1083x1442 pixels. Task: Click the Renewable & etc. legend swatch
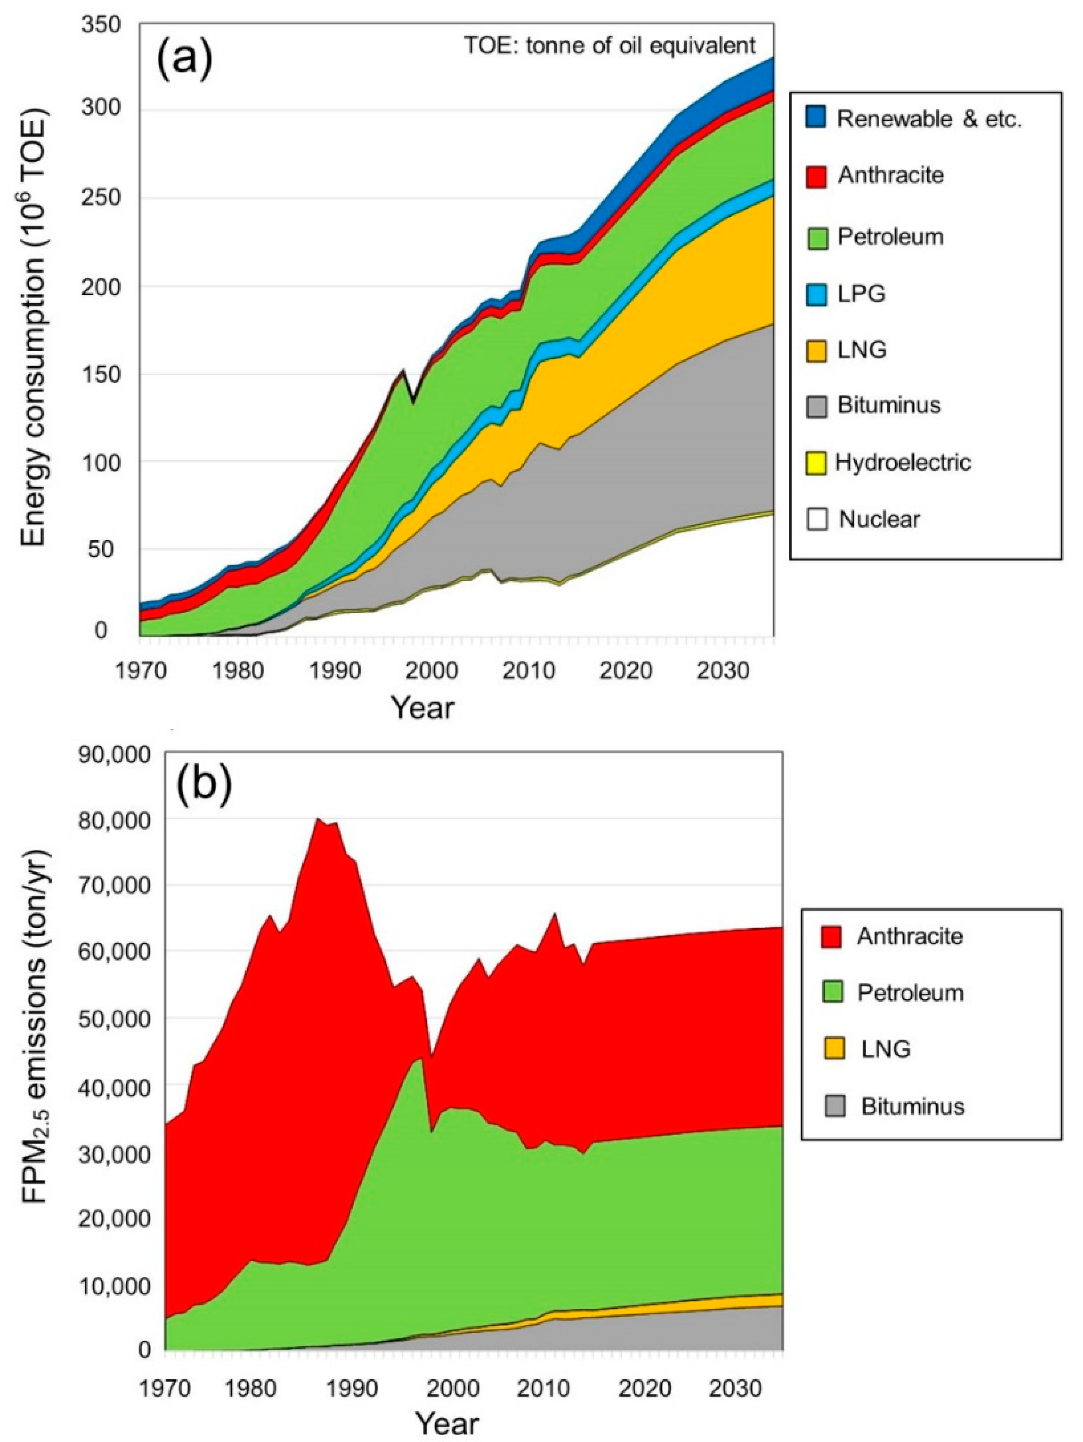point(816,118)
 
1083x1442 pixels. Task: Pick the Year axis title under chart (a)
point(422,707)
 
